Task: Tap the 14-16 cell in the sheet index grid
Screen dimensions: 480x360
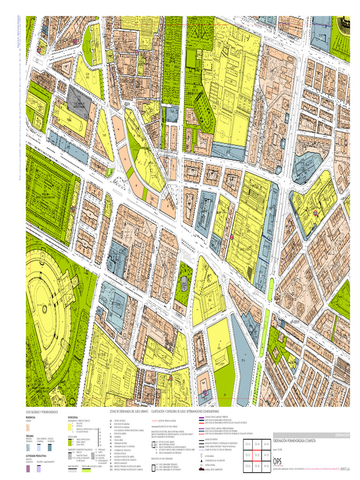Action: coord(266,466)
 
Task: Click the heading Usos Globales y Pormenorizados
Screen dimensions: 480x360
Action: coord(42,412)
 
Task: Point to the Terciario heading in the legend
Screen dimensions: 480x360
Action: coord(30,435)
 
